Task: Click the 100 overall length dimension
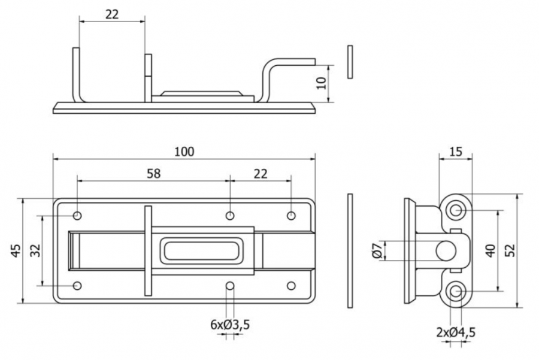184,152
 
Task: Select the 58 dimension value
154,174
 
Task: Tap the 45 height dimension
16,250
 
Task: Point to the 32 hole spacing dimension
35,250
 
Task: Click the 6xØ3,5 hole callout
230,324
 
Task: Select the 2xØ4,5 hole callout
456,332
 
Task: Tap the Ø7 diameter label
377,250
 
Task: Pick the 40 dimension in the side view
490,250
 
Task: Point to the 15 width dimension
456,152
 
